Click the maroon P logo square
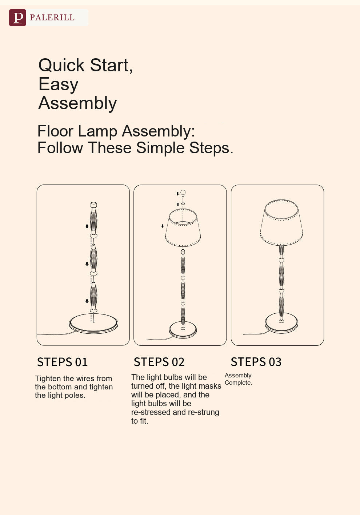point(17,18)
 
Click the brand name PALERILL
point(52,17)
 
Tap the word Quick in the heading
point(61,65)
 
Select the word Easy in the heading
point(58,84)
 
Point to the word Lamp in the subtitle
point(98,131)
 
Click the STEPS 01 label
point(62,362)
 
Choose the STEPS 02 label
point(159,362)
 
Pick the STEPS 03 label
point(256,362)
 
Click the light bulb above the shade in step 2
point(183,193)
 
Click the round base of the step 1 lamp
point(93,324)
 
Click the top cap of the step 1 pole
point(93,205)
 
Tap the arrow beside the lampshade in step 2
point(163,226)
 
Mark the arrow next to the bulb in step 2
point(177,194)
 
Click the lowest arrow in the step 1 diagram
point(87,301)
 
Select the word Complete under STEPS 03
point(238,383)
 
